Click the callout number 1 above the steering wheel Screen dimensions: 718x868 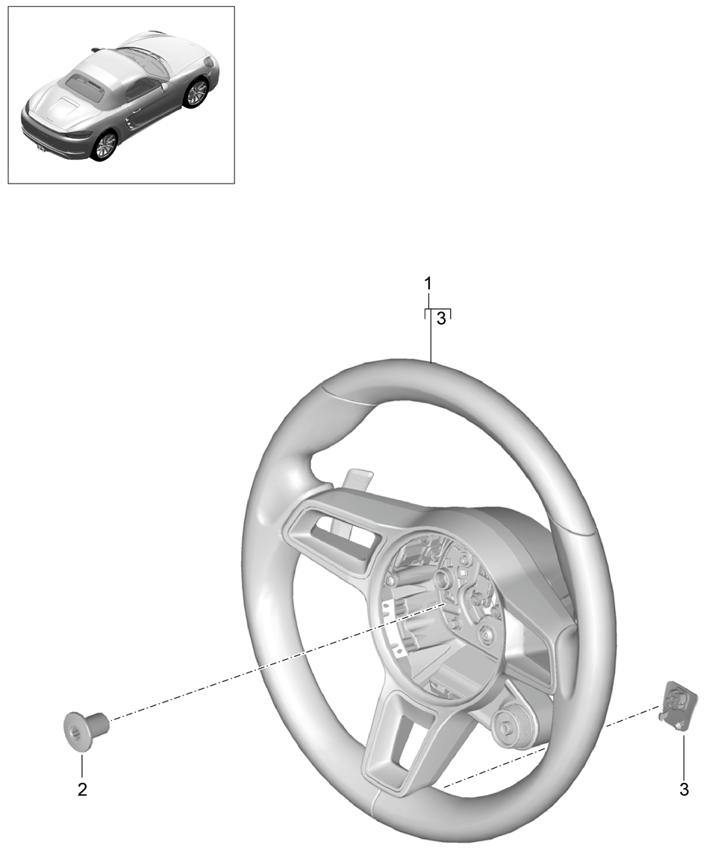point(428,284)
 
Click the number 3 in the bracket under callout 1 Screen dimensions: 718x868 point(440,319)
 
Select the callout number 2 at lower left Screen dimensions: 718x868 point(82,789)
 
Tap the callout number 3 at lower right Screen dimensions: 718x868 point(684,789)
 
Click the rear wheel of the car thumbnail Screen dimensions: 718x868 point(104,145)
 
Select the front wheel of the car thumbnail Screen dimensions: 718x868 point(196,93)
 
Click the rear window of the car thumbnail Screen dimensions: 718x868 point(84,87)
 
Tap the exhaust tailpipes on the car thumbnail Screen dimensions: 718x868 point(40,152)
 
